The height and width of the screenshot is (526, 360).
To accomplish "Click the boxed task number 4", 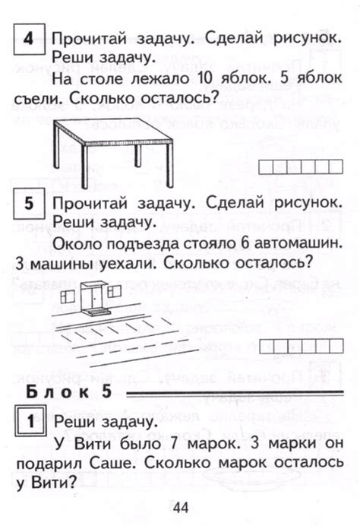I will coord(28,38).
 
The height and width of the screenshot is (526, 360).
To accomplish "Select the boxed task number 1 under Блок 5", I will coord(28,420).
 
